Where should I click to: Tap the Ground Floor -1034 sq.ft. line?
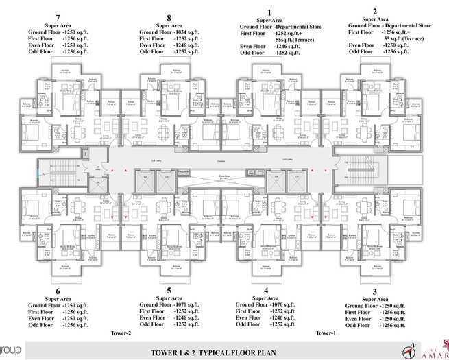pos(169,32)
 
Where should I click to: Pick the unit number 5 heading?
pos(169,290)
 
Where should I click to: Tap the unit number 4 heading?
pos(265,290)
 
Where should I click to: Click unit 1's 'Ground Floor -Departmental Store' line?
pos(269,25)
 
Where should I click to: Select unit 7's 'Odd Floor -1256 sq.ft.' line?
pos(58,51)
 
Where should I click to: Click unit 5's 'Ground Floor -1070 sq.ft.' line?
pos(169,304)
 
